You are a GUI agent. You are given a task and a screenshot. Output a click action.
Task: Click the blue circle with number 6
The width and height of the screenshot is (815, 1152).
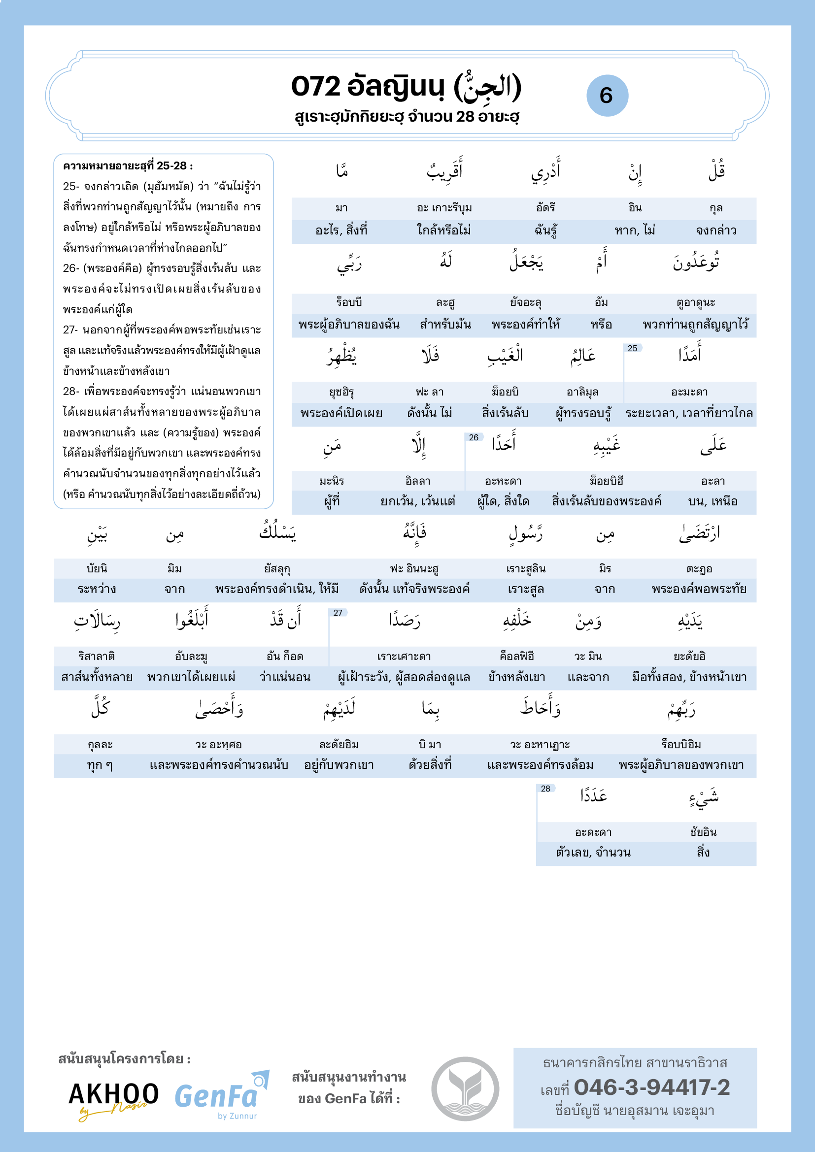[x=607, y=96]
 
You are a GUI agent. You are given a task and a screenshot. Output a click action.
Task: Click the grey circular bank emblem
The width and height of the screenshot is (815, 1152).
[x=465, y=1089]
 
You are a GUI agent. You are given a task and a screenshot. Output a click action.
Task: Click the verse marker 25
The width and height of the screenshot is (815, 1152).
[x=632, y=348]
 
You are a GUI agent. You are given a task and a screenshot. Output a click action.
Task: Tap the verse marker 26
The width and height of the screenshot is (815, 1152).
[x=473, y=437]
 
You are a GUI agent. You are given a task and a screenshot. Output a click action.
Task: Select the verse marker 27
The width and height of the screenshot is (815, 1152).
[x=338, y=613]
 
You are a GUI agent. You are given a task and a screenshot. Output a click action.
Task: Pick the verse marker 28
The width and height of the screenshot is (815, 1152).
[x=545, y=788]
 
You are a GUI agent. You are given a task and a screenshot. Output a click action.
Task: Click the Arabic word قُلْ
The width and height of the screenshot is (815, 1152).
[x=716, y=170]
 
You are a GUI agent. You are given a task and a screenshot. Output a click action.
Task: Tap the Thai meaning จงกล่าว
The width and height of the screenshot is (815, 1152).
[x=715, y=230]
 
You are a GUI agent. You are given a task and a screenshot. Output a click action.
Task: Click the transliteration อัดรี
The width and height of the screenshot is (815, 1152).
[x=545, y=208]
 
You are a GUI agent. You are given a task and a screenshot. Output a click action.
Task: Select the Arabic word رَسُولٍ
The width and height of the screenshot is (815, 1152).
[x=526, y=534]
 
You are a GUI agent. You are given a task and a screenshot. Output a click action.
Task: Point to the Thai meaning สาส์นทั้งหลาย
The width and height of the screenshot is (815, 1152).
[x=97, y=677]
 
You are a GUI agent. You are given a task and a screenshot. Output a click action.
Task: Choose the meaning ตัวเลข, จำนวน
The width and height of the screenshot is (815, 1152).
[x=593, y=853]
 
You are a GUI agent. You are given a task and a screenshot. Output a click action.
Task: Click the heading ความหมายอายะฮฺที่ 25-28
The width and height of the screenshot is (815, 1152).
[x=128, y=166]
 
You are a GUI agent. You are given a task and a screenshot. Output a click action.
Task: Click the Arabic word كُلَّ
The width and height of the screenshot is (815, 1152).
[x=101, y=708]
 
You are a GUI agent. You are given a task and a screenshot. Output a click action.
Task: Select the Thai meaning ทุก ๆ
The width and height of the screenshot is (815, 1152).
[x=100, y=765]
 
